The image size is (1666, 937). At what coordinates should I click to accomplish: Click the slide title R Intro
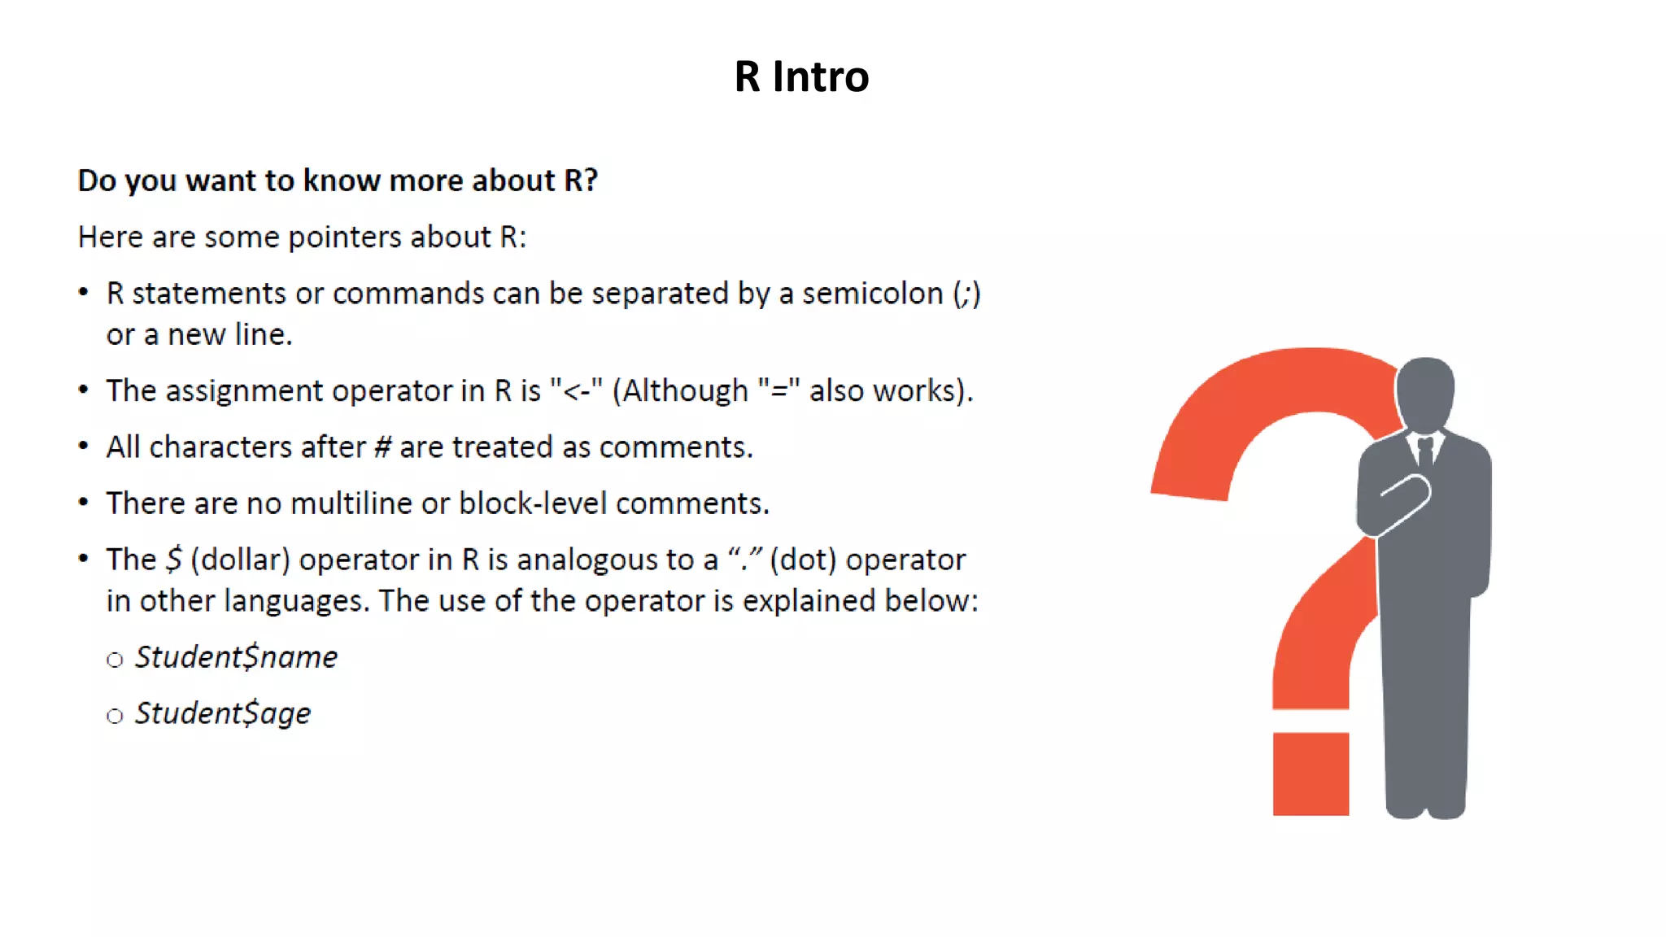[801, 77]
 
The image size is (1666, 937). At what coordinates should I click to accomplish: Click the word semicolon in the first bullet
[872, 294]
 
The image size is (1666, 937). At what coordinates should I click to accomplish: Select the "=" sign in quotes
[778, 391]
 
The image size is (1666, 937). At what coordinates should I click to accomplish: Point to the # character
[382, 447]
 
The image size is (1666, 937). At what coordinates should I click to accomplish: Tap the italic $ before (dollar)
[173, 560]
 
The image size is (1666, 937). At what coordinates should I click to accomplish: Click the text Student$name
[236, 657]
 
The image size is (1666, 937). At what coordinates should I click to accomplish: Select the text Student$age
[222, 713]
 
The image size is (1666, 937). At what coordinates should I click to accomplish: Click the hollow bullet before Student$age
[115, 716]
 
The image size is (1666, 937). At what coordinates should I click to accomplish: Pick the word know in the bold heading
[341, 181]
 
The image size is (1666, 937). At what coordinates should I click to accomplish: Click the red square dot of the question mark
[1311, 774]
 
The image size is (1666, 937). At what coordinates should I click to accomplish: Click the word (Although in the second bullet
[680, 391]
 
